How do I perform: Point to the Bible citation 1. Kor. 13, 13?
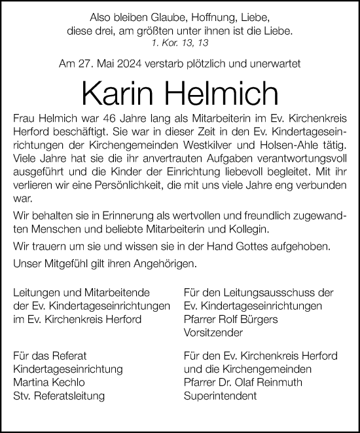click(179, 43)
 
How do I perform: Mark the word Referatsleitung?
click(66, 396)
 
